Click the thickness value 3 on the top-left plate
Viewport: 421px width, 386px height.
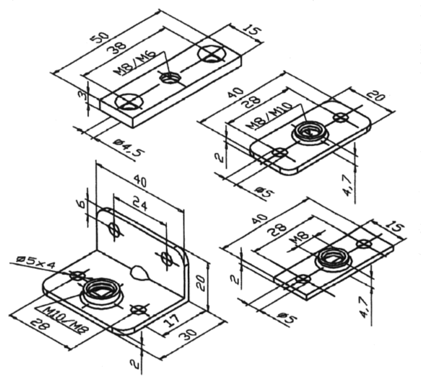(x=83, y=96)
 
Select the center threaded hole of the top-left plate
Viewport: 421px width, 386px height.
(x=170, y=78)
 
